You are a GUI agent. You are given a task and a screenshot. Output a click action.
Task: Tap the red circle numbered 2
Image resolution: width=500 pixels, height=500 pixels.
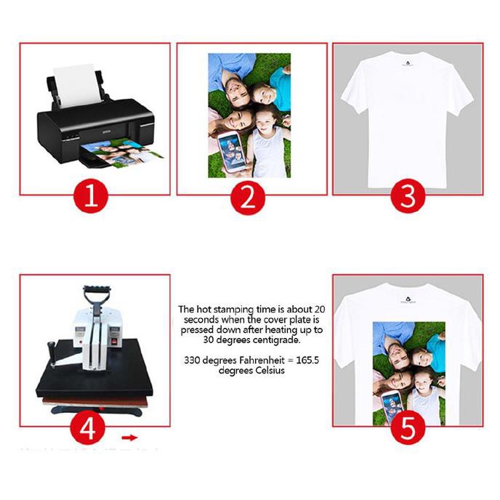click(248, 196)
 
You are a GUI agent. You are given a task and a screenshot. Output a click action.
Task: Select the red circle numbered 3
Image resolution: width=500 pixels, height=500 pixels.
click(408, 196)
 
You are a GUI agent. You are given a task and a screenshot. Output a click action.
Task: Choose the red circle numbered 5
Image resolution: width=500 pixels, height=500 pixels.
click(408, 429)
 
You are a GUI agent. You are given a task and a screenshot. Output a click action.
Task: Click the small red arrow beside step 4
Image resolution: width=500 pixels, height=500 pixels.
click(129, 437)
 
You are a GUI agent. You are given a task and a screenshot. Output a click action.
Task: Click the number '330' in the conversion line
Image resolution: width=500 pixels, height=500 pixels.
click(194, 360)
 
